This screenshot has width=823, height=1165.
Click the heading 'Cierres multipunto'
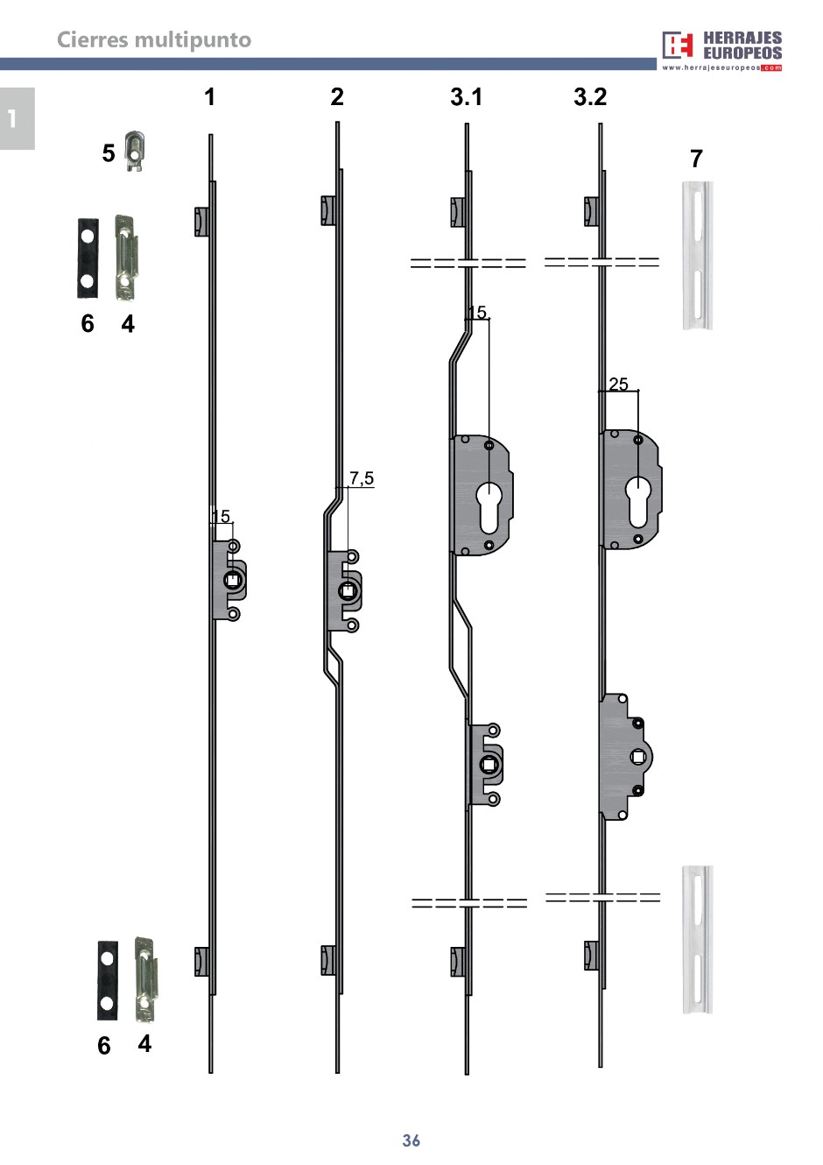pyautogui.click(x=154, y=40)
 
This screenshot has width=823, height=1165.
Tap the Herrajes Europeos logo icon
pyautogui.click(x=677, y=46)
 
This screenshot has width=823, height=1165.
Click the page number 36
pyautogui.click(x=411, y=1140)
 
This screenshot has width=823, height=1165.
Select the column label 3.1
pyautogui.click(x=467, y=96)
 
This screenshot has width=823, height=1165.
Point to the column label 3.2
pyautogui.click(x=590, y=96)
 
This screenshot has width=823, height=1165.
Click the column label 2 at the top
pyautogui.click(x=337, y=96)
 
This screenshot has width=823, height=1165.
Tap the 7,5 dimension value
pyautogui.click(x=362, y=478)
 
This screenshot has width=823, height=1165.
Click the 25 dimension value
pyautogui.click(x=618, y=384)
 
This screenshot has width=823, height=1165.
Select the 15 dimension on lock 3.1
pyautogui.click(x=477, y=312)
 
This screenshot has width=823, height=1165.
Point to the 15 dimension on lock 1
pyautogui.click(x=221, y=516)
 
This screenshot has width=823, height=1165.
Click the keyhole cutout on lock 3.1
pyautogui.click(x=489, y=508)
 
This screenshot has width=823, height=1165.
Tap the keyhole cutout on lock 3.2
pyautogui.click(x=638, y=502)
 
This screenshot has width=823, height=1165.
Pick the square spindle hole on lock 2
pyautogui.click(x=348, y=590)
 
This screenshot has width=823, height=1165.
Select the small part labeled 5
pyautogui.click(x=134, y=152)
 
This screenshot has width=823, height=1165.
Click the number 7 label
pyautogui.click(x=696, y=159)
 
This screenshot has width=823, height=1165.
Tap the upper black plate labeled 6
pyautogui.click(x=88, y=258)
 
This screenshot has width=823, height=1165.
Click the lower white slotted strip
pyautogui.click(x=697, y=940)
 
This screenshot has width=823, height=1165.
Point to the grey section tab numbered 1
pyautogui.click(x=18, y=118)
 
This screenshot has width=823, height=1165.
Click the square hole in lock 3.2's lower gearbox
pyautogui.click(x=638, y=757)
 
